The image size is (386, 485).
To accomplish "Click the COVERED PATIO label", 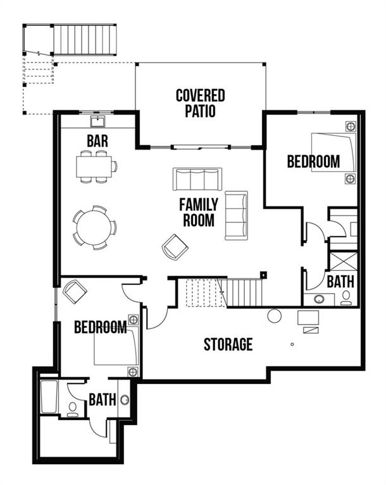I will (x=200, y=104).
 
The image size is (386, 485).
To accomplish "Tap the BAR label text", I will (x=97, y=140).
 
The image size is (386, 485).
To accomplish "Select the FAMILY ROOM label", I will (x=198, y=213).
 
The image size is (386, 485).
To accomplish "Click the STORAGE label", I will (x=228, y=345).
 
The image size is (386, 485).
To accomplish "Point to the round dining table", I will (x=94, y=226).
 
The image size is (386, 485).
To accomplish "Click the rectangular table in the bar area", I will (x=95, y=166).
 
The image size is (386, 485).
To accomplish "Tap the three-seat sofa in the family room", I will (x=197, y=179).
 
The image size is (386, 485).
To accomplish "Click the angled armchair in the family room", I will (x=175, y=246).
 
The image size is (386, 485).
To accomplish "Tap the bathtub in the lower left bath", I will (x=49, y=397).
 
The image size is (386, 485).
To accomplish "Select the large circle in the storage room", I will (x=274, y=316).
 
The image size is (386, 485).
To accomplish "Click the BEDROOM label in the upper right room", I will (x=313, y=162).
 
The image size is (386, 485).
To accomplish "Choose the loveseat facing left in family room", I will (x=236, y=215).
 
